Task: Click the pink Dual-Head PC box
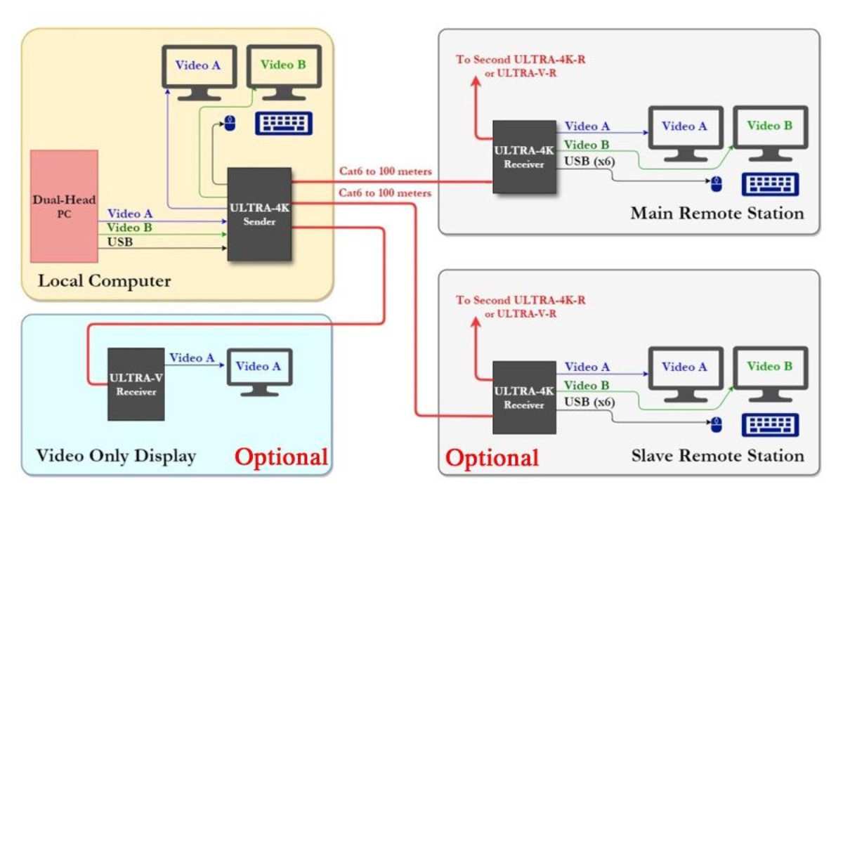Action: (x=64, y=206)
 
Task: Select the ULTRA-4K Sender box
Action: (x=259, y=214)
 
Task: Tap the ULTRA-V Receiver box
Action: (x=136, y=384)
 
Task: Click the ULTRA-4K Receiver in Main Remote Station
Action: (x=524, y=157)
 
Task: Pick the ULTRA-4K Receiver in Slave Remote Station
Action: (x=524, y=398)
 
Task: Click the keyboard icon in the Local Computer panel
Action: (x=284, y=124)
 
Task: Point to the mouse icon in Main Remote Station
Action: (x=717, y=184)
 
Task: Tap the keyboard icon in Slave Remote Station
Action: (x=770, y=425)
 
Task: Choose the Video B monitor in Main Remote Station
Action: (x=770, y=132)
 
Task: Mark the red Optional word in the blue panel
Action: (x=281, y=457)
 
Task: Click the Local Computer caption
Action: (x=104, y=281)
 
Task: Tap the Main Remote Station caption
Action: (x=717, y=213)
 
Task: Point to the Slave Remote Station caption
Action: (x=717, y=456)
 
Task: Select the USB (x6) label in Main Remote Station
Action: (x=589, y=161)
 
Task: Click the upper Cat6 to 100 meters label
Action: (x=385, y=171)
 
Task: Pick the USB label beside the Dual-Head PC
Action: (x=119, y=242)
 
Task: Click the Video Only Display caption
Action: (x=116, y=456)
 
